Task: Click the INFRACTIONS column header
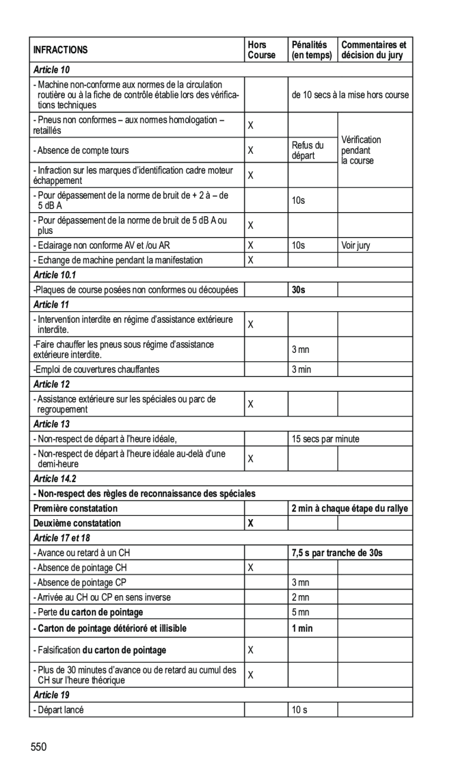click(60, 50)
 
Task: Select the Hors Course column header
click(261, 50)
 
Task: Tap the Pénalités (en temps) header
click(311, 50)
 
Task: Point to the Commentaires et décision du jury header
click(374, 50)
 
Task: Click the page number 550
click(39, 747)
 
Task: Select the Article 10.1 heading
click(55, 275)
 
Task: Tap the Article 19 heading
click(51, 695)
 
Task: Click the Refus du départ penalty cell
click(307, 150)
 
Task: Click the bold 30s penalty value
click(298, 290)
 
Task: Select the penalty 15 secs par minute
click(325, 439)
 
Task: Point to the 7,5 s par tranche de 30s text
click(337, 553)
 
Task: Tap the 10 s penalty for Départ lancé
click(299, 710)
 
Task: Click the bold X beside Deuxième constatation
click(251, 523)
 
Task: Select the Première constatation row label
click(76, 508)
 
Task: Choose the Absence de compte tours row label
click(81, 151)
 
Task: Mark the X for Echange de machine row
click(251, 260)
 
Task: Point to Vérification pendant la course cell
click(361, 150)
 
